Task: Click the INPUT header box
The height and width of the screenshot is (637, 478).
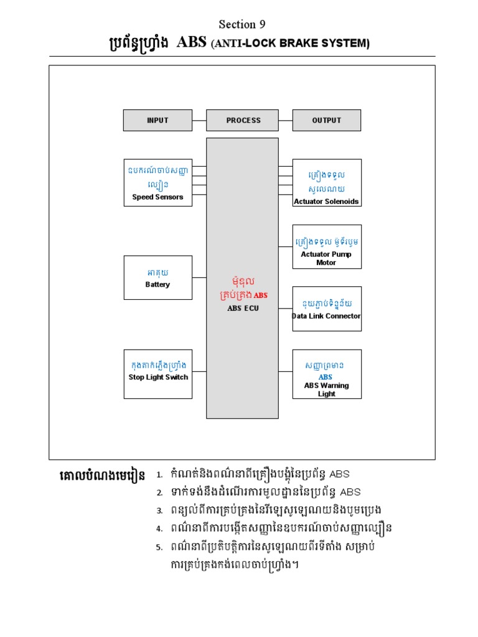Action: [157, 120]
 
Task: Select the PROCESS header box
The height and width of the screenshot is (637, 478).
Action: [243, 120]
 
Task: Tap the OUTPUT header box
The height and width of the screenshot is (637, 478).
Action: [326, 120]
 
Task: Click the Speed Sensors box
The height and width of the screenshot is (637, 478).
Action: [157, 182]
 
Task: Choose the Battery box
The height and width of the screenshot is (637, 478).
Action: [157, 277]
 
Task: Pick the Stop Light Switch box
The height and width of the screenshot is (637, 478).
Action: [157, 371]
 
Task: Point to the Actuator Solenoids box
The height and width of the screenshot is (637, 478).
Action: [327, 182]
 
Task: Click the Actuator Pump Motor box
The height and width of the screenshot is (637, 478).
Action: [327, 247]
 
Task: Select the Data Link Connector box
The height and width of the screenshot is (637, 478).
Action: [327, 309]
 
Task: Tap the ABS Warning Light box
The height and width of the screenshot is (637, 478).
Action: [327, 374]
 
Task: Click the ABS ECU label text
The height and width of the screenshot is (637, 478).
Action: [243, 308]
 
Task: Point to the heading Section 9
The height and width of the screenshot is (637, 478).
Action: [242, 24]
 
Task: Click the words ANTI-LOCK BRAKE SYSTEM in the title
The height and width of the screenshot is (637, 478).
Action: [291, 44]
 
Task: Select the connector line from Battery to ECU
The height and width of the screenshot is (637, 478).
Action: [199, 277]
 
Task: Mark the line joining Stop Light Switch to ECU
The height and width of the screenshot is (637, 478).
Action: [199, 371]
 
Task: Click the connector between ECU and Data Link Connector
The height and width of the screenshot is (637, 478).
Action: [286, 309]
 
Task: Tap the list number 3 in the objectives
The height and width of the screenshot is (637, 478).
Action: [159, 510]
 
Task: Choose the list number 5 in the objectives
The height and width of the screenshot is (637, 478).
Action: [159, 548]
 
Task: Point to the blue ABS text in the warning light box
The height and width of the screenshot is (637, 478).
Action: [326, 377]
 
